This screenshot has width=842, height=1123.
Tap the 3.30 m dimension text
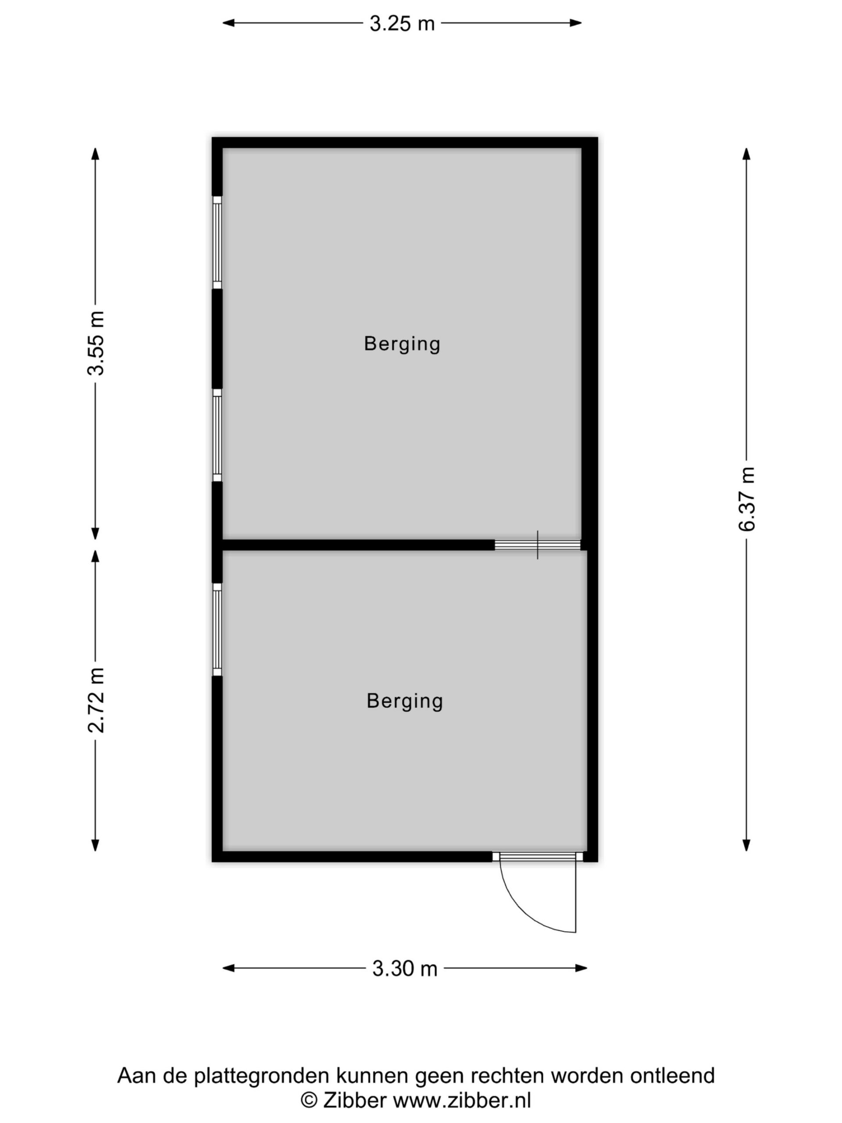point(404,968)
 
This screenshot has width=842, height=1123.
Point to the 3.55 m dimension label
point(96,343)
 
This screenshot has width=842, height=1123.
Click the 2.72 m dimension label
point(96,700)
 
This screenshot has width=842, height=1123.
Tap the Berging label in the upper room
point(402,344)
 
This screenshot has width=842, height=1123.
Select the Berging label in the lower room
point(404,701)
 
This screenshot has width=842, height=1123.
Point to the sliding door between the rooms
point(538,545)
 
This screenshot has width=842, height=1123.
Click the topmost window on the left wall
point(217,242)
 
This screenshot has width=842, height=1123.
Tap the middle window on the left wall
point(217,435)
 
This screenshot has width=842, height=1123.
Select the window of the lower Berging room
point(217,629)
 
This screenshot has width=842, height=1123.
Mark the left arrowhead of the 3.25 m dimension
point(229,23)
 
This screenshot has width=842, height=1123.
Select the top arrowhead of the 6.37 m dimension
point(746,154)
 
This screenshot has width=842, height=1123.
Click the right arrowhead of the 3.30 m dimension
point(581,968)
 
